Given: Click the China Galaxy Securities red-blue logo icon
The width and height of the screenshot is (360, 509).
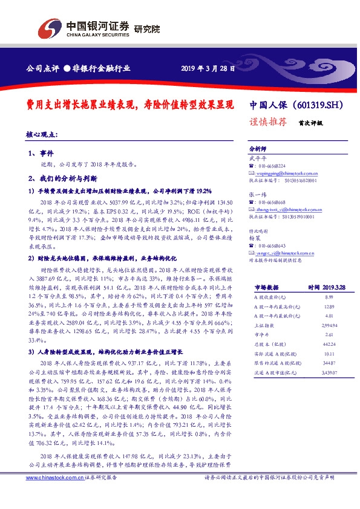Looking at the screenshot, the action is pos(51,28).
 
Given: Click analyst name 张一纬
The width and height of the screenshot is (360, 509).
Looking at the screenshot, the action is pos(257,194).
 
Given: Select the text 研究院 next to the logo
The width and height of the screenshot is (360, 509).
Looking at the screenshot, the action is pos(146,28).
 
